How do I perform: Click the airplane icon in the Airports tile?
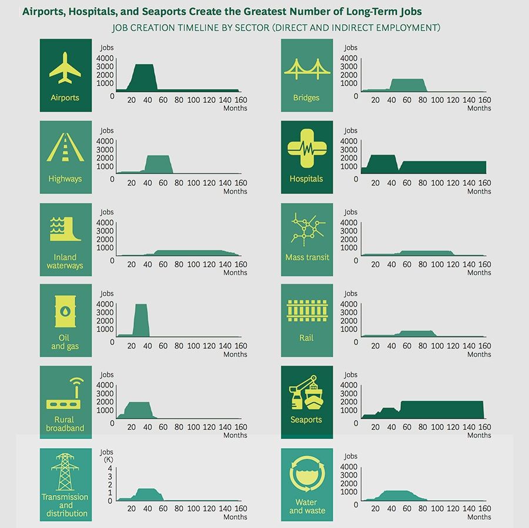point(65,68)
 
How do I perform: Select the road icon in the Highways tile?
point(65,148)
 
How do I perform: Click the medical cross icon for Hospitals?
point(306,149)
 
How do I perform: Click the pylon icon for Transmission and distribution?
point(65,471)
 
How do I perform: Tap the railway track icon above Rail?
point(306,312)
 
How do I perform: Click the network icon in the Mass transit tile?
point(306,230)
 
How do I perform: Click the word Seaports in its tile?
point(306,420)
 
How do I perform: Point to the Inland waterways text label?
point(65,262)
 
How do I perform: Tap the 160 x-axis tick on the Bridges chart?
point(484,100)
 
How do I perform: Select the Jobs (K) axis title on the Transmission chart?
point(107,455)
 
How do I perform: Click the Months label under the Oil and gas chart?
point(235,354)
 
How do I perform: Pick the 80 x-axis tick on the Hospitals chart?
point(422,183)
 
